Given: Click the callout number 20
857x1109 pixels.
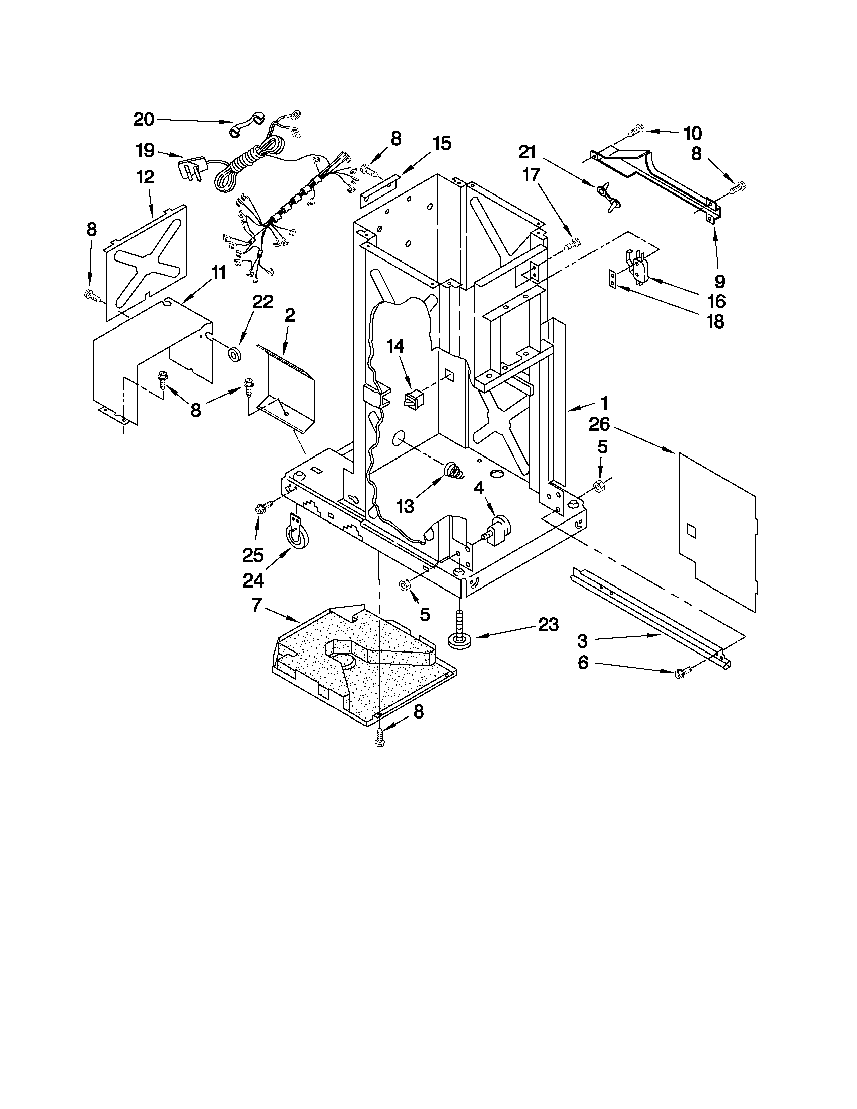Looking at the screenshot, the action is point(144,120).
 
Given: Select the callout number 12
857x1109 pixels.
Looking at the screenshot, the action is point(145,177).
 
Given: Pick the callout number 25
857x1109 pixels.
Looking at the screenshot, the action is point(253,556).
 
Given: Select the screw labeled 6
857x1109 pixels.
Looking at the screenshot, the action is point(679,673).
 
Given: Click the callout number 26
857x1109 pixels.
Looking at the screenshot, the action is point(599,425).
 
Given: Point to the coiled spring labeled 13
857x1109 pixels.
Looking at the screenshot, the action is point(454,471).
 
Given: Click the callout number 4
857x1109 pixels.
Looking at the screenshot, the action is point(479,488).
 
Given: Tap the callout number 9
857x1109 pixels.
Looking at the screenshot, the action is point(720,281).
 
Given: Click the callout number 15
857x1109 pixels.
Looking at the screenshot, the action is point(442,143).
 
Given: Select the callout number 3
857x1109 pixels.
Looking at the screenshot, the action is point(582,641).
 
